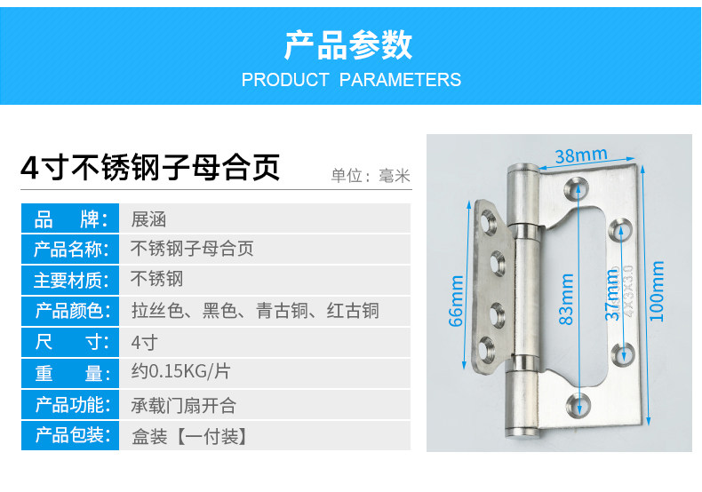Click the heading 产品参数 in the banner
[349, 44]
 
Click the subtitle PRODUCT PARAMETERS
[351, 80]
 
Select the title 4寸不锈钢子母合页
[150, 167]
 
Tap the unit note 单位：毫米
[371, 175]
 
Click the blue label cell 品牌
[70, 218]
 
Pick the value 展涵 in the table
[148, 218]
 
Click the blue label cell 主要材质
[70, 280]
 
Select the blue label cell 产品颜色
[70, 311]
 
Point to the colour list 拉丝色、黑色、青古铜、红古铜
[255, 311]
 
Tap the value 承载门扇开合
[184, 405]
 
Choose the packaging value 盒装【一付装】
[188, 436]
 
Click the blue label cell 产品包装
[70, 436]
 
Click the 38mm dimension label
[580, 155]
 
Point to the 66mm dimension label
[457, 302]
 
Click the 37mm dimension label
[612, 298]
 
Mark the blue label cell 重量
[70, 372]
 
